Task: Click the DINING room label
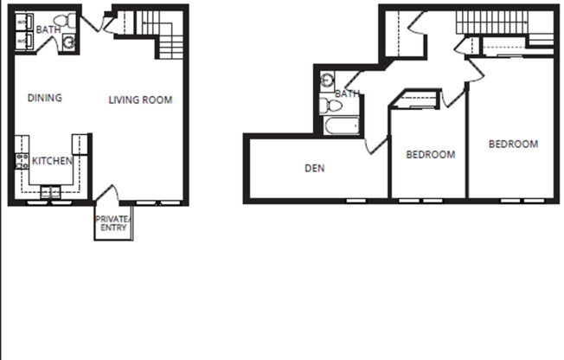[x=44, y=98]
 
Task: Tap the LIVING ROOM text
[x=140, y=100]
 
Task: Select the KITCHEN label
[x=52, y=161]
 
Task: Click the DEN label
[x=315, y=168]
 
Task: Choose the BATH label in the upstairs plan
[x=347, y=93]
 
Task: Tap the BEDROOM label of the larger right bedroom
[x=513, y=144]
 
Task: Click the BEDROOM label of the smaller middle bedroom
[x=431, y=154]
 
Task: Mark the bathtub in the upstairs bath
[x=341, y=126]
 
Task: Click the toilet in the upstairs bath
[x=329, y=106]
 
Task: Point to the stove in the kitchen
[x=22, y=162]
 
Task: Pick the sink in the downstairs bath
[x=68, y=41]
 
